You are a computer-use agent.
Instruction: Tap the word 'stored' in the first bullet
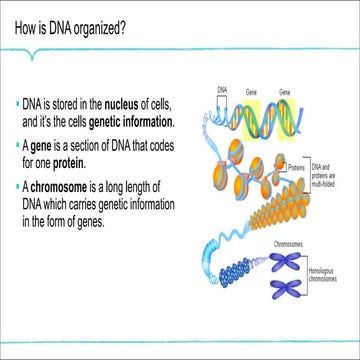(66, 105)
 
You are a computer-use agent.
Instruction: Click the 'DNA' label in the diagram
(223, 89)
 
